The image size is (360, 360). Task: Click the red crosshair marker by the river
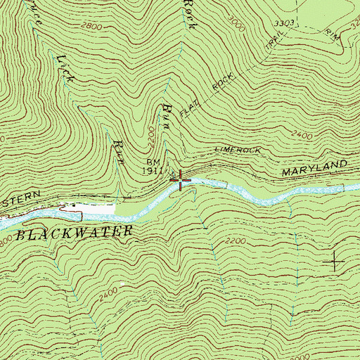[181, 181]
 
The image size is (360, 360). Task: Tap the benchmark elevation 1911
[153, 170]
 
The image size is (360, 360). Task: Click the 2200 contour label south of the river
[238, 240]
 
